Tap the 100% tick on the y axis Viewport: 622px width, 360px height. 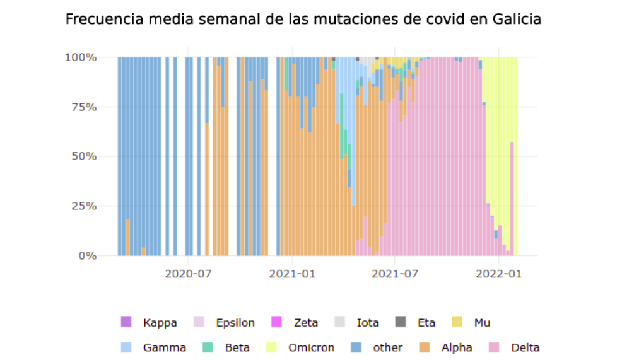coord(80,57)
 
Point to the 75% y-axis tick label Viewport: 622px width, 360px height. coord(83,107)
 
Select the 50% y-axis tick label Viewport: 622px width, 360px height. coord(83,156)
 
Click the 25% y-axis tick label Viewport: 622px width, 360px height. coord(83,206)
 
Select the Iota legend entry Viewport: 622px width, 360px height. coord(368,323)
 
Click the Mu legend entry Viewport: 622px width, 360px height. coord(482,323)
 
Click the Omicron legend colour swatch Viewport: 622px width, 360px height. coord(271,347)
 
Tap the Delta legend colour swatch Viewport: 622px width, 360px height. coord(494,347)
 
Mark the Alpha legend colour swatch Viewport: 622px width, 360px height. coord(425,347)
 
